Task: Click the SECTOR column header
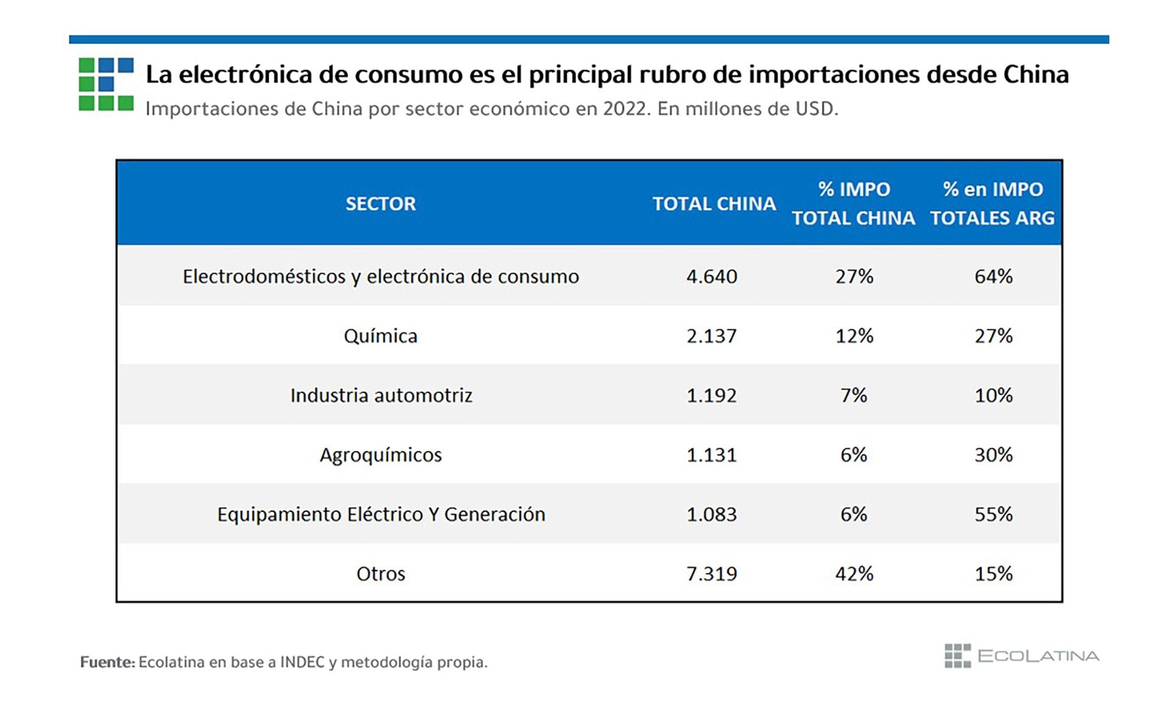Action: click(x=381, y=204)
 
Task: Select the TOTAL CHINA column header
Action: click(x=714, y=204)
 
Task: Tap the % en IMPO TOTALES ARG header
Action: click(x=992, y=204)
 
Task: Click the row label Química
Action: click(x=381, y=336)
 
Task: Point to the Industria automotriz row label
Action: click(x=381, y=395)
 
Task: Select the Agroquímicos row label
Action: click(x=381, y=455)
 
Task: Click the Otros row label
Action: click(x=381, y=574)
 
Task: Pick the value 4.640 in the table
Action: click(x=712, y=277)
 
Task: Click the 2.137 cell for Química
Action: click(x=712, y=336)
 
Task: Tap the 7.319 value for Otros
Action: click(x=712, y=574)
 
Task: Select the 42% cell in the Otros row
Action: click(x=854, y=574)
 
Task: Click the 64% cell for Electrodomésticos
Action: click(x=994, y=277)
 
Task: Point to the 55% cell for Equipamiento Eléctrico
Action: click(x=994, y=514)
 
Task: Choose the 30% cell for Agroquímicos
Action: click(x=994, y=455)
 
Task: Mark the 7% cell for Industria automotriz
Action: click(x=854, y=395)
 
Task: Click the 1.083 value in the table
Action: click(x=712, y=514)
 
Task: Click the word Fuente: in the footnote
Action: click(x=107, y=662)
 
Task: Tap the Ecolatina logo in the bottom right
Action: click(x=1022, y=656)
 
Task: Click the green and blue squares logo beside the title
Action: click(x=106, y=84)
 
